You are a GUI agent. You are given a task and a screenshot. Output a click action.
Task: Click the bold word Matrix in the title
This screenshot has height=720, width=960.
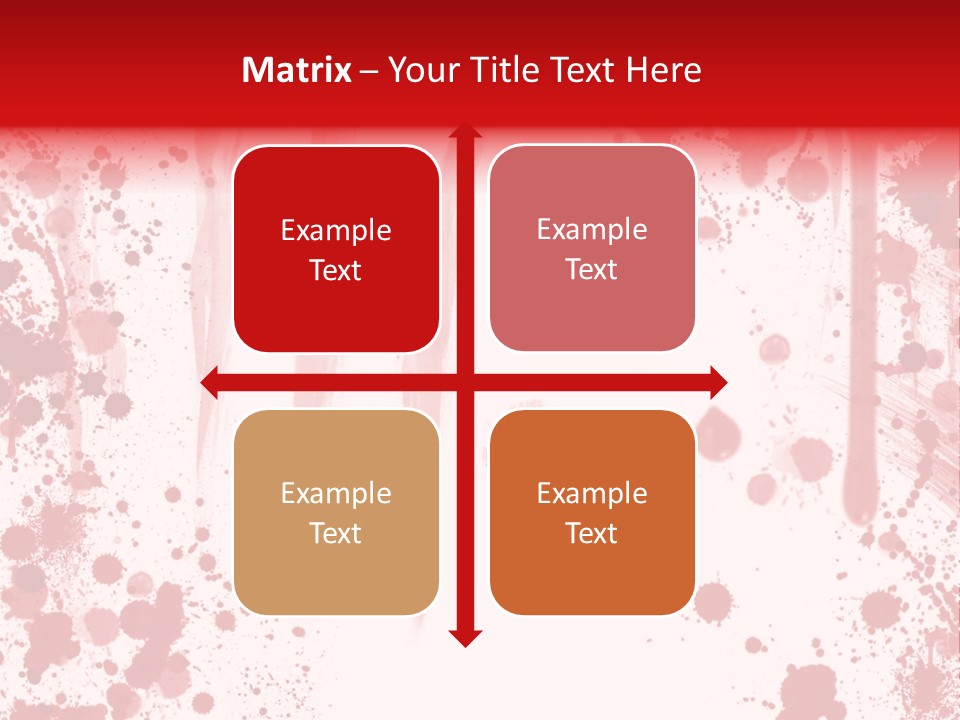click(x=297, y=70)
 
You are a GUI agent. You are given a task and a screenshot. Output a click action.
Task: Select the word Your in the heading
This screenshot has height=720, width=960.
click(x=420, y=70)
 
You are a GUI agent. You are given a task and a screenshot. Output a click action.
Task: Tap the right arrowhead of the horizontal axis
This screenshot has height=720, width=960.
click(x=717, y=382)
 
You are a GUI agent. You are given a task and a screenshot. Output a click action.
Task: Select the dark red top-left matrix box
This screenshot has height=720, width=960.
click(x=336, y=300)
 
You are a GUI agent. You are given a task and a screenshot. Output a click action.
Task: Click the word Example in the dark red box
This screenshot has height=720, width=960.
click(x=336, y=231)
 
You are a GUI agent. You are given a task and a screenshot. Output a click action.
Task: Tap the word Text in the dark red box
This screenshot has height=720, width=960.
click(x=336, y=271)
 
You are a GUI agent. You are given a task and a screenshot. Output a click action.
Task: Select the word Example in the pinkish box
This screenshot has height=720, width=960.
click(x=592, y=230)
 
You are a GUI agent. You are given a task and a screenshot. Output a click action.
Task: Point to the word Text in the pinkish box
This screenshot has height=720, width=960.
click(x=592, y=270)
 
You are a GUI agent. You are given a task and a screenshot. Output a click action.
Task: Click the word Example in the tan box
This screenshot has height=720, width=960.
click(x=336, y=494)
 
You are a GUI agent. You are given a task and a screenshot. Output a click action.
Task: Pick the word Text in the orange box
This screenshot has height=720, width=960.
click(x=592, y=534)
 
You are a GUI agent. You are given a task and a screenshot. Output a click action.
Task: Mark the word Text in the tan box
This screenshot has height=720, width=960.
click(x=336, y=534)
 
